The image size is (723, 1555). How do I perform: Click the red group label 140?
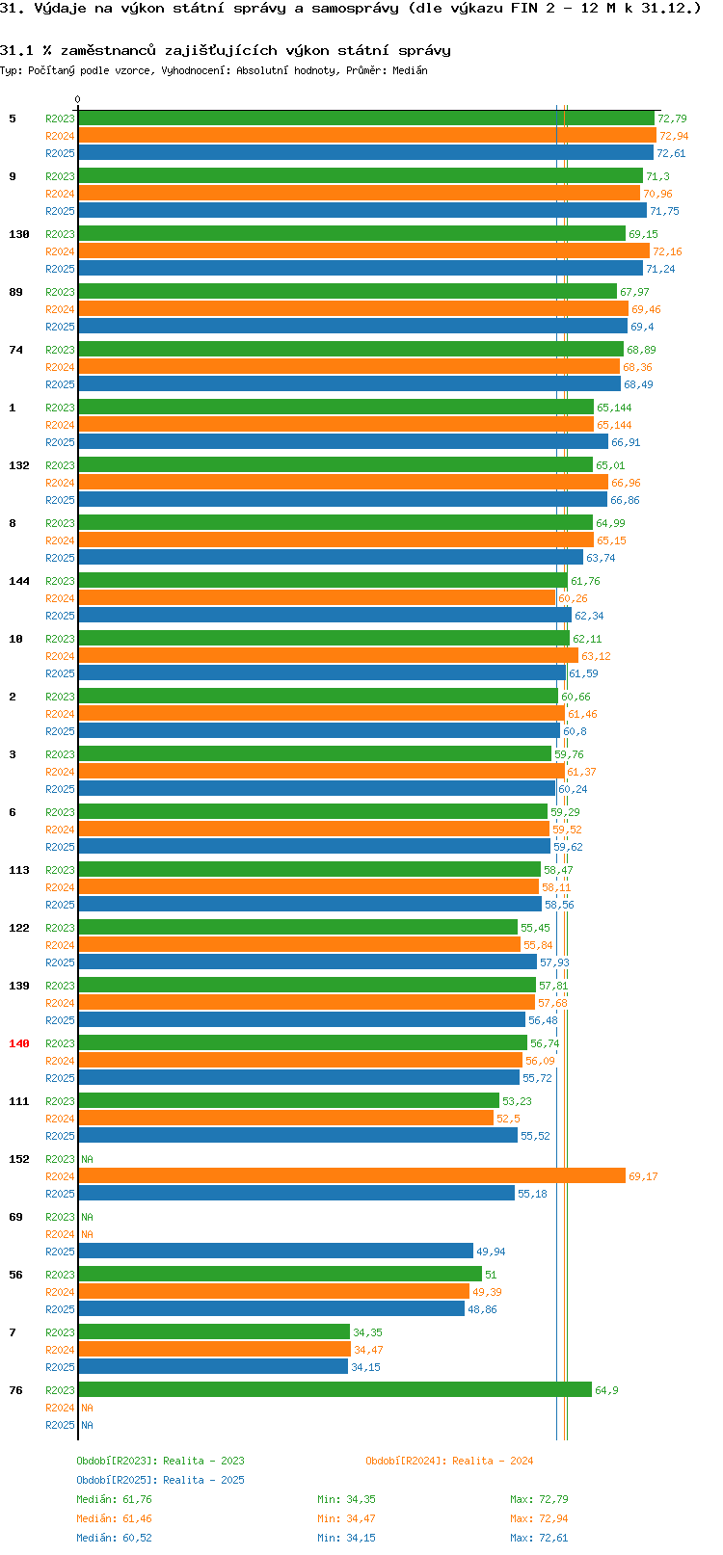click(18, 1043)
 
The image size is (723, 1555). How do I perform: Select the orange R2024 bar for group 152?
click(352, 1175)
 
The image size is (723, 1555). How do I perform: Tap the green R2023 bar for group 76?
click(335, 1389)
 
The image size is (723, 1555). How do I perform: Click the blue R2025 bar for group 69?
click(276, 1251)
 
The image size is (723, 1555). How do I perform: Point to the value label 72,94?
click(674, 136)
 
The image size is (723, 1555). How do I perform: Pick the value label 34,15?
click(365, 1367)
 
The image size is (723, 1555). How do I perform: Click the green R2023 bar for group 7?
click(214, 1331)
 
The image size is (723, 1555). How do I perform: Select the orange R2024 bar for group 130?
click(364, 250)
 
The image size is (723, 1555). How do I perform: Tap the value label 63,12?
click(596, 656)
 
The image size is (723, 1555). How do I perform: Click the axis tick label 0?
click(77, 99)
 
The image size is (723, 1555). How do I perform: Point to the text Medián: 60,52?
click(114, 1538)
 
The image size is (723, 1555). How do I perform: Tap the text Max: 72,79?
click(539, 1499)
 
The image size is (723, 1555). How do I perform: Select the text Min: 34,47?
click(346, 1519)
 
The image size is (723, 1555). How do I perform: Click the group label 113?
click(18, 870)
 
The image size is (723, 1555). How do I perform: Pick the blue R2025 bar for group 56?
click(272, 1307)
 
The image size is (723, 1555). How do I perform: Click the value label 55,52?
click(535, 1136)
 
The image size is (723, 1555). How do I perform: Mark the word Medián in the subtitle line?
click(410, 70)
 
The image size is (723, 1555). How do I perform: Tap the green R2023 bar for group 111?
click(289, 1100)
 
